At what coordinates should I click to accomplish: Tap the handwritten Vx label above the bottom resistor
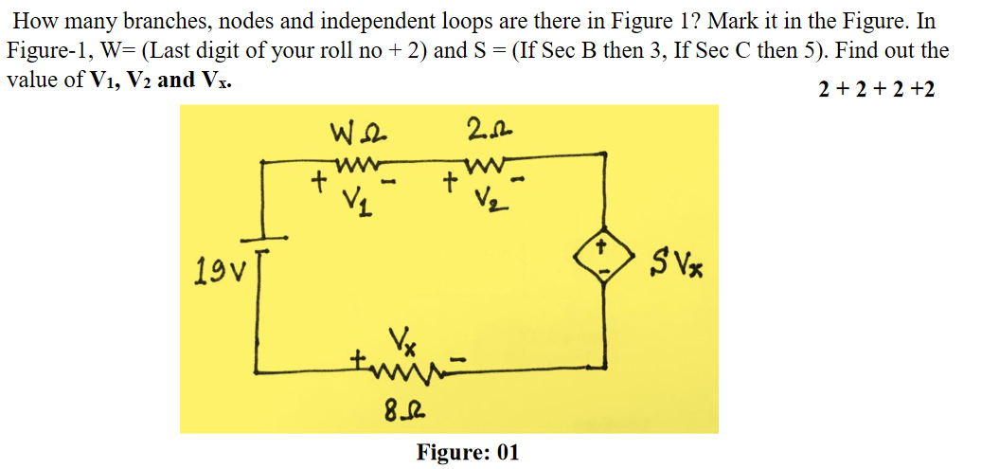(400, 339)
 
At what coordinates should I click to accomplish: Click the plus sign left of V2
(451, 178)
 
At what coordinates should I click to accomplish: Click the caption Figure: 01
(468, 452)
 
